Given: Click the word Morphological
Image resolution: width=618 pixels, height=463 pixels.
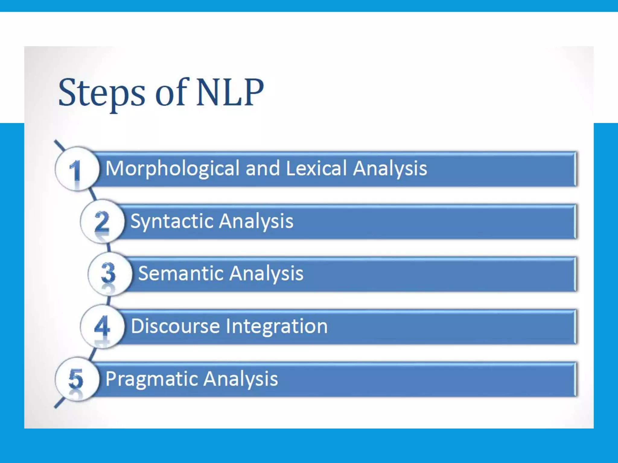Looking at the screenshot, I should coord(172,169).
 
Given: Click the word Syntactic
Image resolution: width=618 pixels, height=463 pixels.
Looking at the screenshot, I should coord(172,222).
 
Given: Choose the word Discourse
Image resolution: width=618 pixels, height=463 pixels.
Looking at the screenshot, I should coord(175,326).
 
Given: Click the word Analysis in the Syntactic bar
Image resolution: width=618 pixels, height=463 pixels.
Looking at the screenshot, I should coord(256,222).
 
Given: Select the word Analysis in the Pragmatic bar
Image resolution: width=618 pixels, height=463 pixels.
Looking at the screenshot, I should coord(241,379).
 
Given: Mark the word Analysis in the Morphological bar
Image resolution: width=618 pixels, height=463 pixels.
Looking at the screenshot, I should coord(390,169).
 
